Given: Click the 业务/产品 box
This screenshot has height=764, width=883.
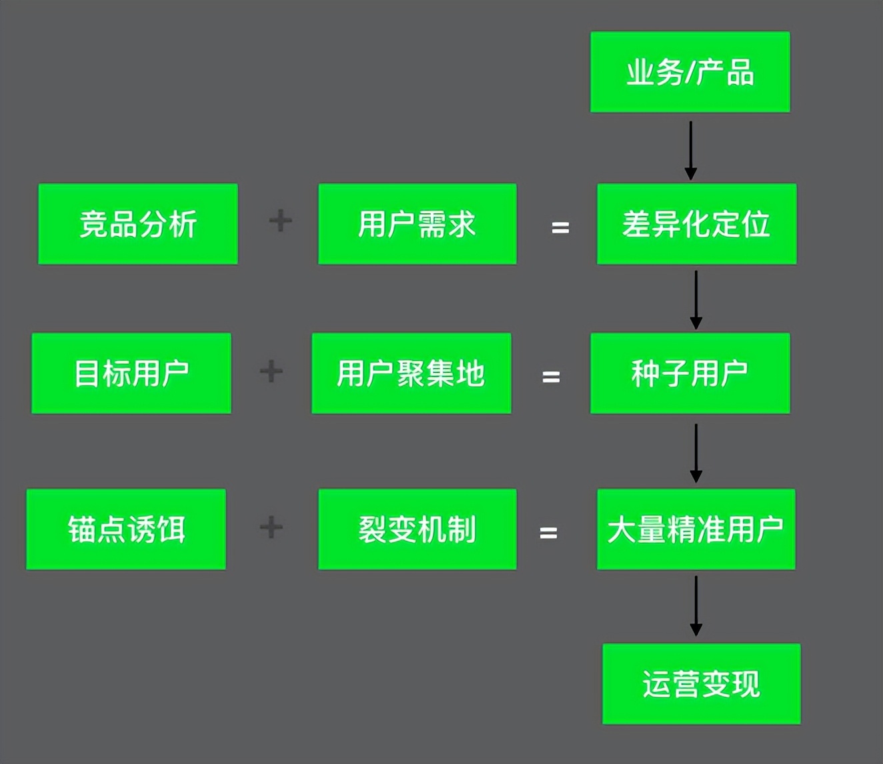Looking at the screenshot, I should (690, 72).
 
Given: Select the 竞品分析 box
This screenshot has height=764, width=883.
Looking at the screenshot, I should (138, 224).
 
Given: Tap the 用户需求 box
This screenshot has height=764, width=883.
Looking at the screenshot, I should (417, 224).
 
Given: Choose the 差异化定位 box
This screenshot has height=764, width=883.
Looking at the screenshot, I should (696, 224).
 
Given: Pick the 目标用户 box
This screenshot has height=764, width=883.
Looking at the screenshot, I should (131, 373).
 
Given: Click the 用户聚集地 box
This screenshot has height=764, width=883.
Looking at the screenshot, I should (411, 373).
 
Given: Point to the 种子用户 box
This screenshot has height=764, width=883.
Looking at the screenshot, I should (690, 373).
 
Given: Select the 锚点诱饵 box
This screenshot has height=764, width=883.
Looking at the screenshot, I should (126, 529).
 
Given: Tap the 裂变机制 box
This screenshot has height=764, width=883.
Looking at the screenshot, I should (417, 529).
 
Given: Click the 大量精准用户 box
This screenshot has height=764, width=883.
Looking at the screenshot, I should (696, 529).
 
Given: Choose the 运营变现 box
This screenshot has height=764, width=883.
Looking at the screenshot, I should (702, 684).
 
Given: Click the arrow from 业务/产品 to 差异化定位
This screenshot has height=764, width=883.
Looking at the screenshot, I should (691, 150).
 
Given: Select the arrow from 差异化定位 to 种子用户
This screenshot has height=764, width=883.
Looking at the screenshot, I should (696, 299).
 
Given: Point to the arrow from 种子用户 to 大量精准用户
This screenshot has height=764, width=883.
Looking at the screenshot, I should (696, 453).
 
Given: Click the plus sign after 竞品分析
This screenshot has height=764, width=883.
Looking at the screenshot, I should (281, 221).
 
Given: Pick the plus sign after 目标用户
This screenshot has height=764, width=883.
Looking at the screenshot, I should (271, 371).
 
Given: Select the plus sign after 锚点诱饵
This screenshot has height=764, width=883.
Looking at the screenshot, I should (271, 527).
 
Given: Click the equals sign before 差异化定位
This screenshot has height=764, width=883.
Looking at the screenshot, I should (560, 228).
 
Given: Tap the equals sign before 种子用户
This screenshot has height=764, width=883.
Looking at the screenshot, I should (551, 377).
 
